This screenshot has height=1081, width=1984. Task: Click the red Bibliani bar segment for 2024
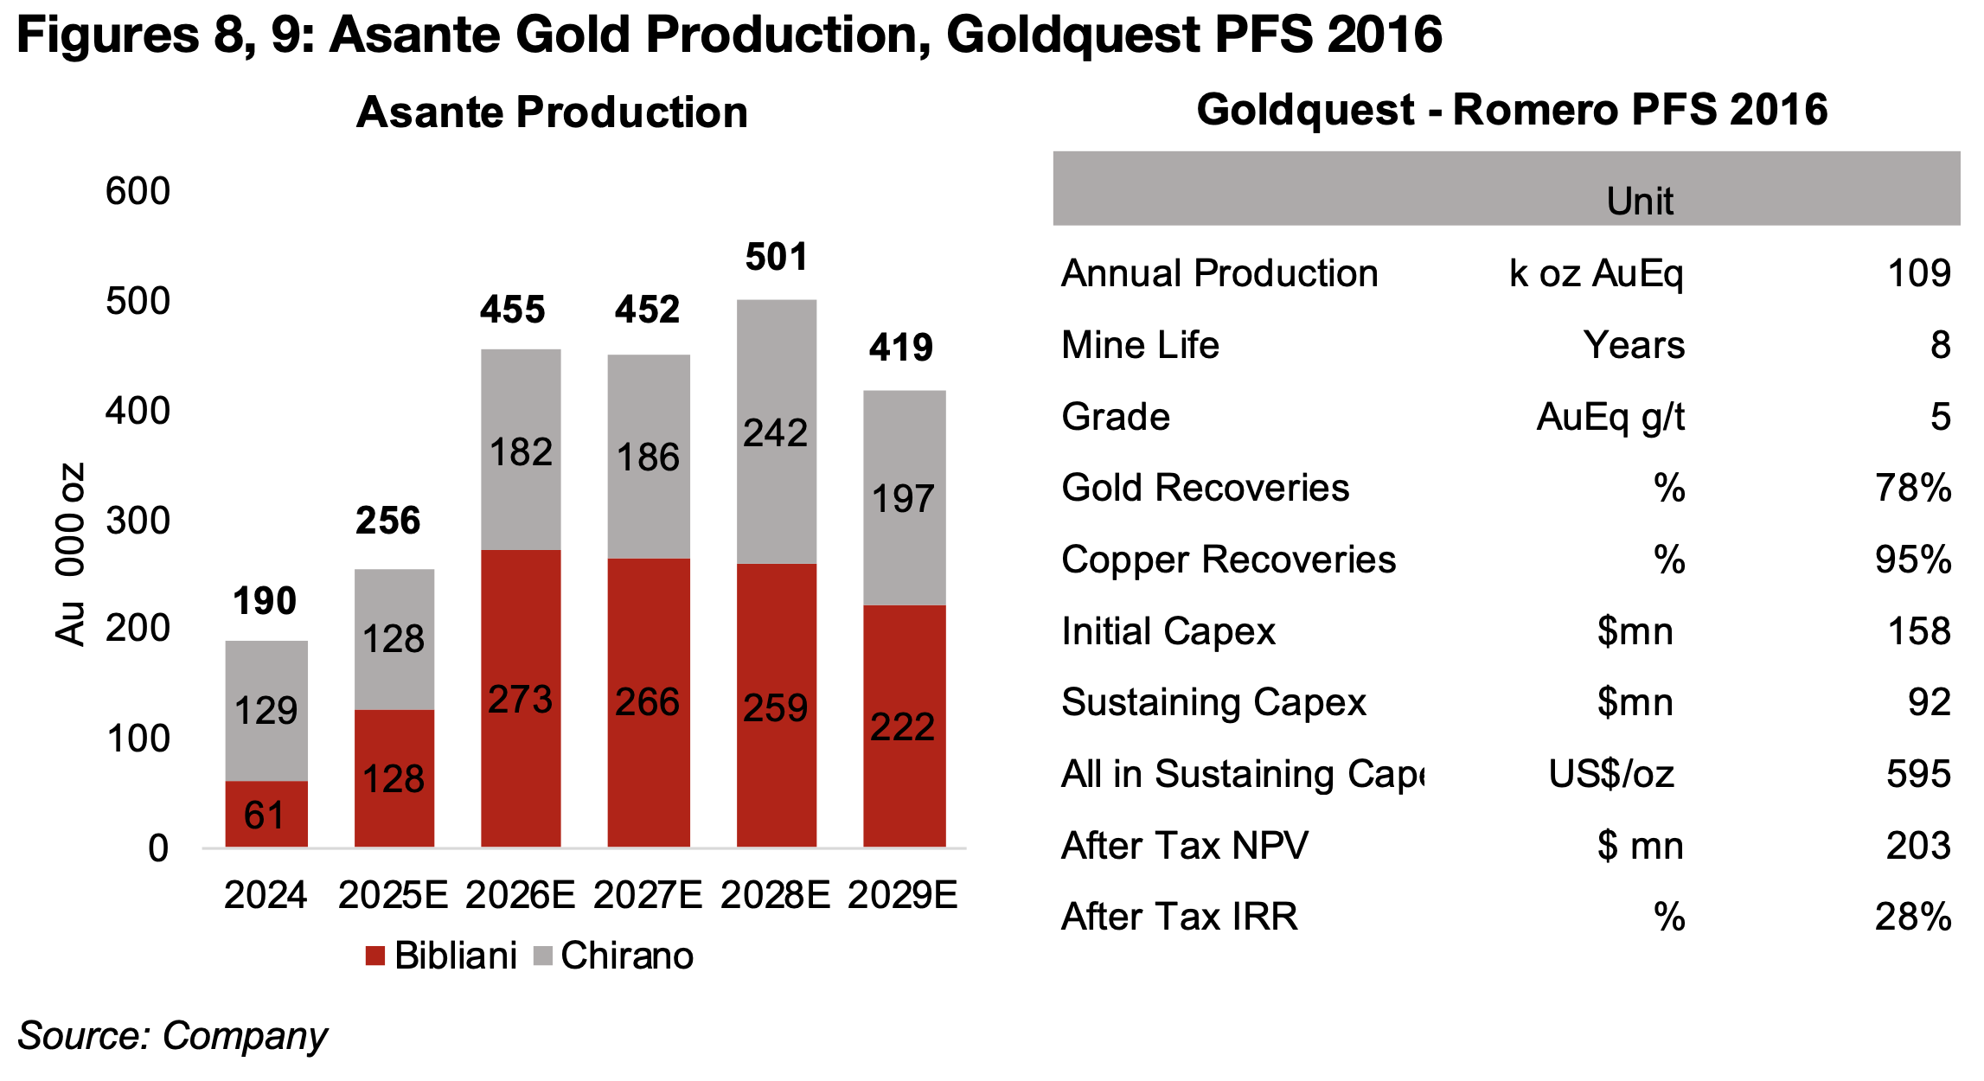point(266,814)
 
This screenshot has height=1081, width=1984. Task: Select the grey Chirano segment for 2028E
point(776,432)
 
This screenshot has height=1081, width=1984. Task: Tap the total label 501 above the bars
point(776,257)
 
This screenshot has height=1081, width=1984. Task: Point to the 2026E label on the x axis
point(520,894)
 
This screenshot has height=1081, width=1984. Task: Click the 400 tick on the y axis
point(138,411)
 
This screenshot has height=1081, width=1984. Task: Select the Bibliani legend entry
point(442,956)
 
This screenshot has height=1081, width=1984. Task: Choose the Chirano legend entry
point(614,956)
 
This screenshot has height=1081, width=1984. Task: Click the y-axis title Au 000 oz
point(71,553)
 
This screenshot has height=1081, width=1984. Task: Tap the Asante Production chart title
point(552,112)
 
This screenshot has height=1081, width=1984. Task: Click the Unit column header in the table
point(1639,201)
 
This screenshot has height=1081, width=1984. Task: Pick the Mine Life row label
point(1140,345)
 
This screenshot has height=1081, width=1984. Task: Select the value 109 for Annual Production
point(1918,273)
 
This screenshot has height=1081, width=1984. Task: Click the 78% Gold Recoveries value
point(1912,488)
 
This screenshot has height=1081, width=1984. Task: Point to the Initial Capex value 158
point(1918,631)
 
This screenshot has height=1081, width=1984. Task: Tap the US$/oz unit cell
point(1610,774)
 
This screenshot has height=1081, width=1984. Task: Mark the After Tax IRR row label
point(1180,917)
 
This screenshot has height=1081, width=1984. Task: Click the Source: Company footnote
point(172,1035)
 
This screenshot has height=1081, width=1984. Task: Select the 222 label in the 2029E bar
point(903,726)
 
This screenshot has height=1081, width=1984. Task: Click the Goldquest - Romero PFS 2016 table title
point(1511,110)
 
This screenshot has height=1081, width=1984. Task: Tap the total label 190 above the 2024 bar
point(265,601)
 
